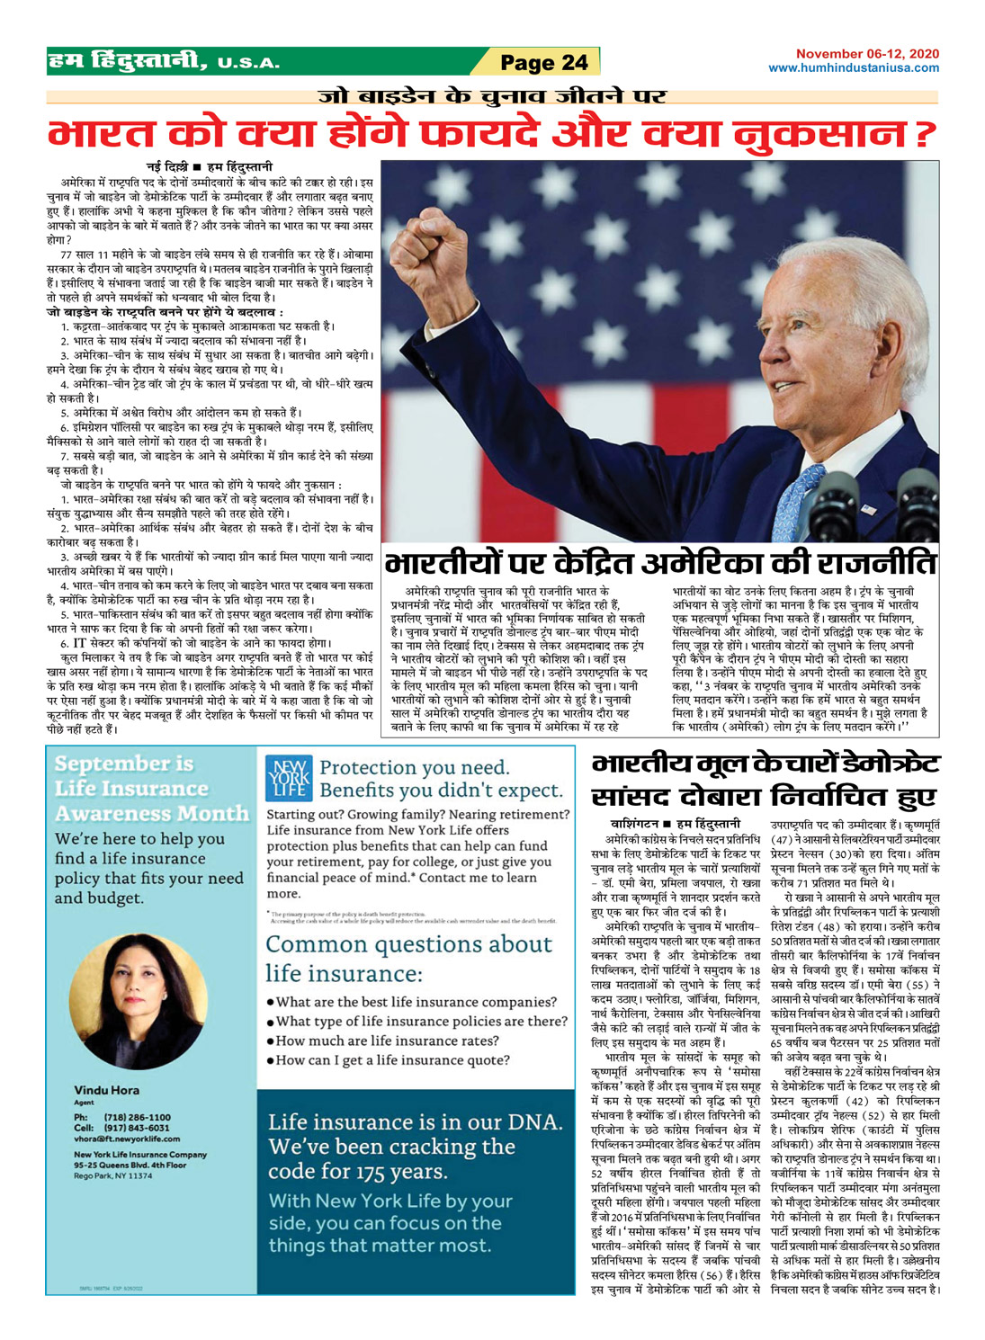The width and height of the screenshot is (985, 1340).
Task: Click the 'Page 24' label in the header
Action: (x=543, y=62)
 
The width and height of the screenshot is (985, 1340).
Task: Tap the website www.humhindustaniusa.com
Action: (x=853, y=68)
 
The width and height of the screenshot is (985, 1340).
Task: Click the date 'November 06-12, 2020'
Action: (x=867, y=55)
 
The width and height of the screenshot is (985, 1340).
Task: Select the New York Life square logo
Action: (x=289, y=779)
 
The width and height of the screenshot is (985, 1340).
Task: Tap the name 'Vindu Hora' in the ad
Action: (x=106, y=1090)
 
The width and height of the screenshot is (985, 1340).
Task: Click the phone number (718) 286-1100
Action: (x=134, y=1117)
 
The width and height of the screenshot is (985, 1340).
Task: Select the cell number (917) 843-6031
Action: (x=134, y=1128)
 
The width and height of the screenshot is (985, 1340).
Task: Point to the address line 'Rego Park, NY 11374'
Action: (x=112, y=1175)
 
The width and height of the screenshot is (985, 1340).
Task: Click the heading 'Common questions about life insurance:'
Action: (x=408, y=959)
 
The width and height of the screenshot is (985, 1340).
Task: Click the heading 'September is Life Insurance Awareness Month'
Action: (x=151, y=789)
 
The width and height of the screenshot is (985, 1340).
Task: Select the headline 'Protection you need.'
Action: (x=414, y=768)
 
